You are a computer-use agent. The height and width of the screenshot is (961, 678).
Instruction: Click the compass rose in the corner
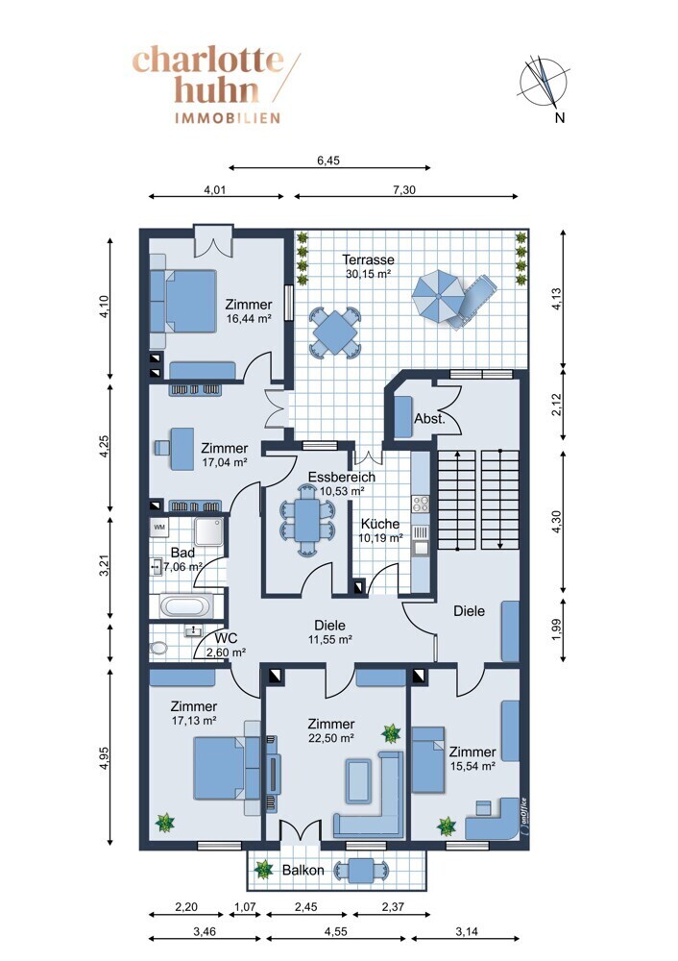coord(544,82)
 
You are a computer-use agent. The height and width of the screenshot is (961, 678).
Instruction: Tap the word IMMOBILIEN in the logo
coord(228,117)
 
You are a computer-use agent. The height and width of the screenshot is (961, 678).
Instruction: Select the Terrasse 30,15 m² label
coord(368,266)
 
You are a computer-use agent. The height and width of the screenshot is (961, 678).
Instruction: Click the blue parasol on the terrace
coord(438,295)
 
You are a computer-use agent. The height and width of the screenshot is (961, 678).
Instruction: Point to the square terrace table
coord(334,333)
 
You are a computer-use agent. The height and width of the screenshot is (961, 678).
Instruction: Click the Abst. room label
coord(429,419)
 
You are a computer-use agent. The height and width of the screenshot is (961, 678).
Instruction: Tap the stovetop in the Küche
coord(421,505)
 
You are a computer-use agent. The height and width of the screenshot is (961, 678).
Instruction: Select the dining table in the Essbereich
coord(307,520)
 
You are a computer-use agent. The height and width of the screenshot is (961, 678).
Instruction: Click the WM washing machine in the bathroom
coord(159,527)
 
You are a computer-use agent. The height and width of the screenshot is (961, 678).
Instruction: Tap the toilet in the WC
coord(158,648)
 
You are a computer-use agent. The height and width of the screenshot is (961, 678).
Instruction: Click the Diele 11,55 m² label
coord(329,632)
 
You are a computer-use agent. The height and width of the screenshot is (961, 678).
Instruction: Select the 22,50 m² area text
coord(330,738)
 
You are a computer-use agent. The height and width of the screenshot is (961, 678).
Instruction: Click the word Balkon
coord(303,871)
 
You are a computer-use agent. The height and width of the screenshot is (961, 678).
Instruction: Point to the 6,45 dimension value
coord(328,160)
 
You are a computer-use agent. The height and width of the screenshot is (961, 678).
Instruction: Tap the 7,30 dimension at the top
coord(404,190)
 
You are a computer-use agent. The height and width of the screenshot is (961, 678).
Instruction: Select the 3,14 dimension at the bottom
coord(467,931)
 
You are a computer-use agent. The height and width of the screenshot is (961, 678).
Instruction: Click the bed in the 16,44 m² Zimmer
coord(183,301)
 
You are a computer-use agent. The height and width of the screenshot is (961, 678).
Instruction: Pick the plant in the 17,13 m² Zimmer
coord(165,822)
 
